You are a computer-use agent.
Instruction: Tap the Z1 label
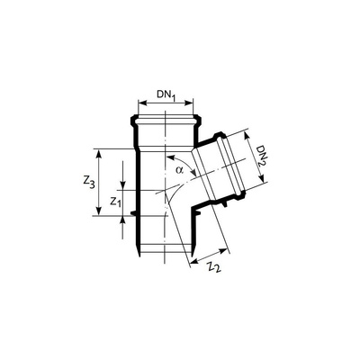pyautogui.click(x=115, y=202)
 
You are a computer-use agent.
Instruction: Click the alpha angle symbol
pyautogui.click(x=179, y=168)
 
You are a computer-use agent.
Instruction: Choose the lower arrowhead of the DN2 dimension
pyautogui.click(x=261, y=183)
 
